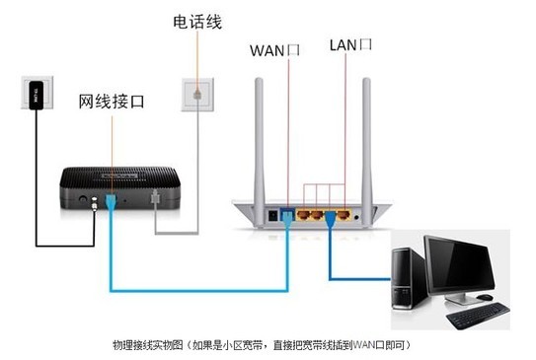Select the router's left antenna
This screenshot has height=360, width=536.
pyautogui.click(x=260, y=128)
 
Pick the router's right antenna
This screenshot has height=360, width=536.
pyautogui.click(x=376, y=128)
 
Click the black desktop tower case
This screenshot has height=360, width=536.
pyautogui.click(x=408, y=281)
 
